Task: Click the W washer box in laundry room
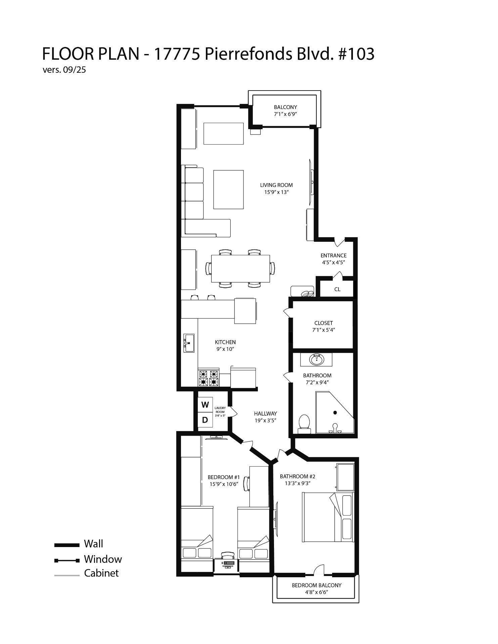(205, 405)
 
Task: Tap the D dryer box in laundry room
(205, 420)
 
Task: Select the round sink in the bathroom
(316, 360)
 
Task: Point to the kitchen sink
(189, 343)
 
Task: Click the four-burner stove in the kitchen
(209, 378)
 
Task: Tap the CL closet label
(337, 289)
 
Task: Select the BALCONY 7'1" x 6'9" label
(285, 111)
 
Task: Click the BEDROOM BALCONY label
(316, 589)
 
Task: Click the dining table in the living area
(240, 269)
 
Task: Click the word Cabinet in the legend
(101, 573)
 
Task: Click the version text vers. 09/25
(64, 70)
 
